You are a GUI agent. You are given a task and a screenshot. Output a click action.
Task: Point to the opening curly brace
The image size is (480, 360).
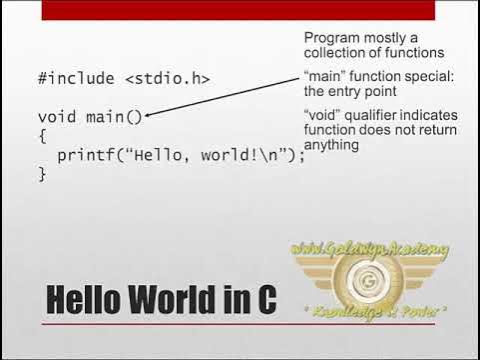(x=42, y=136)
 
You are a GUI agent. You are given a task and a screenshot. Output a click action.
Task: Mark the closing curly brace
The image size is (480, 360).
(x=42, y=174)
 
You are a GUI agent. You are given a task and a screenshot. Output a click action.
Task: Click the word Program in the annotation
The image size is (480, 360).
(x=333, y=38)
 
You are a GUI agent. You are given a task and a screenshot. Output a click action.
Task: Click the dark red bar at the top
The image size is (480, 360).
(x=240, y=9)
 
